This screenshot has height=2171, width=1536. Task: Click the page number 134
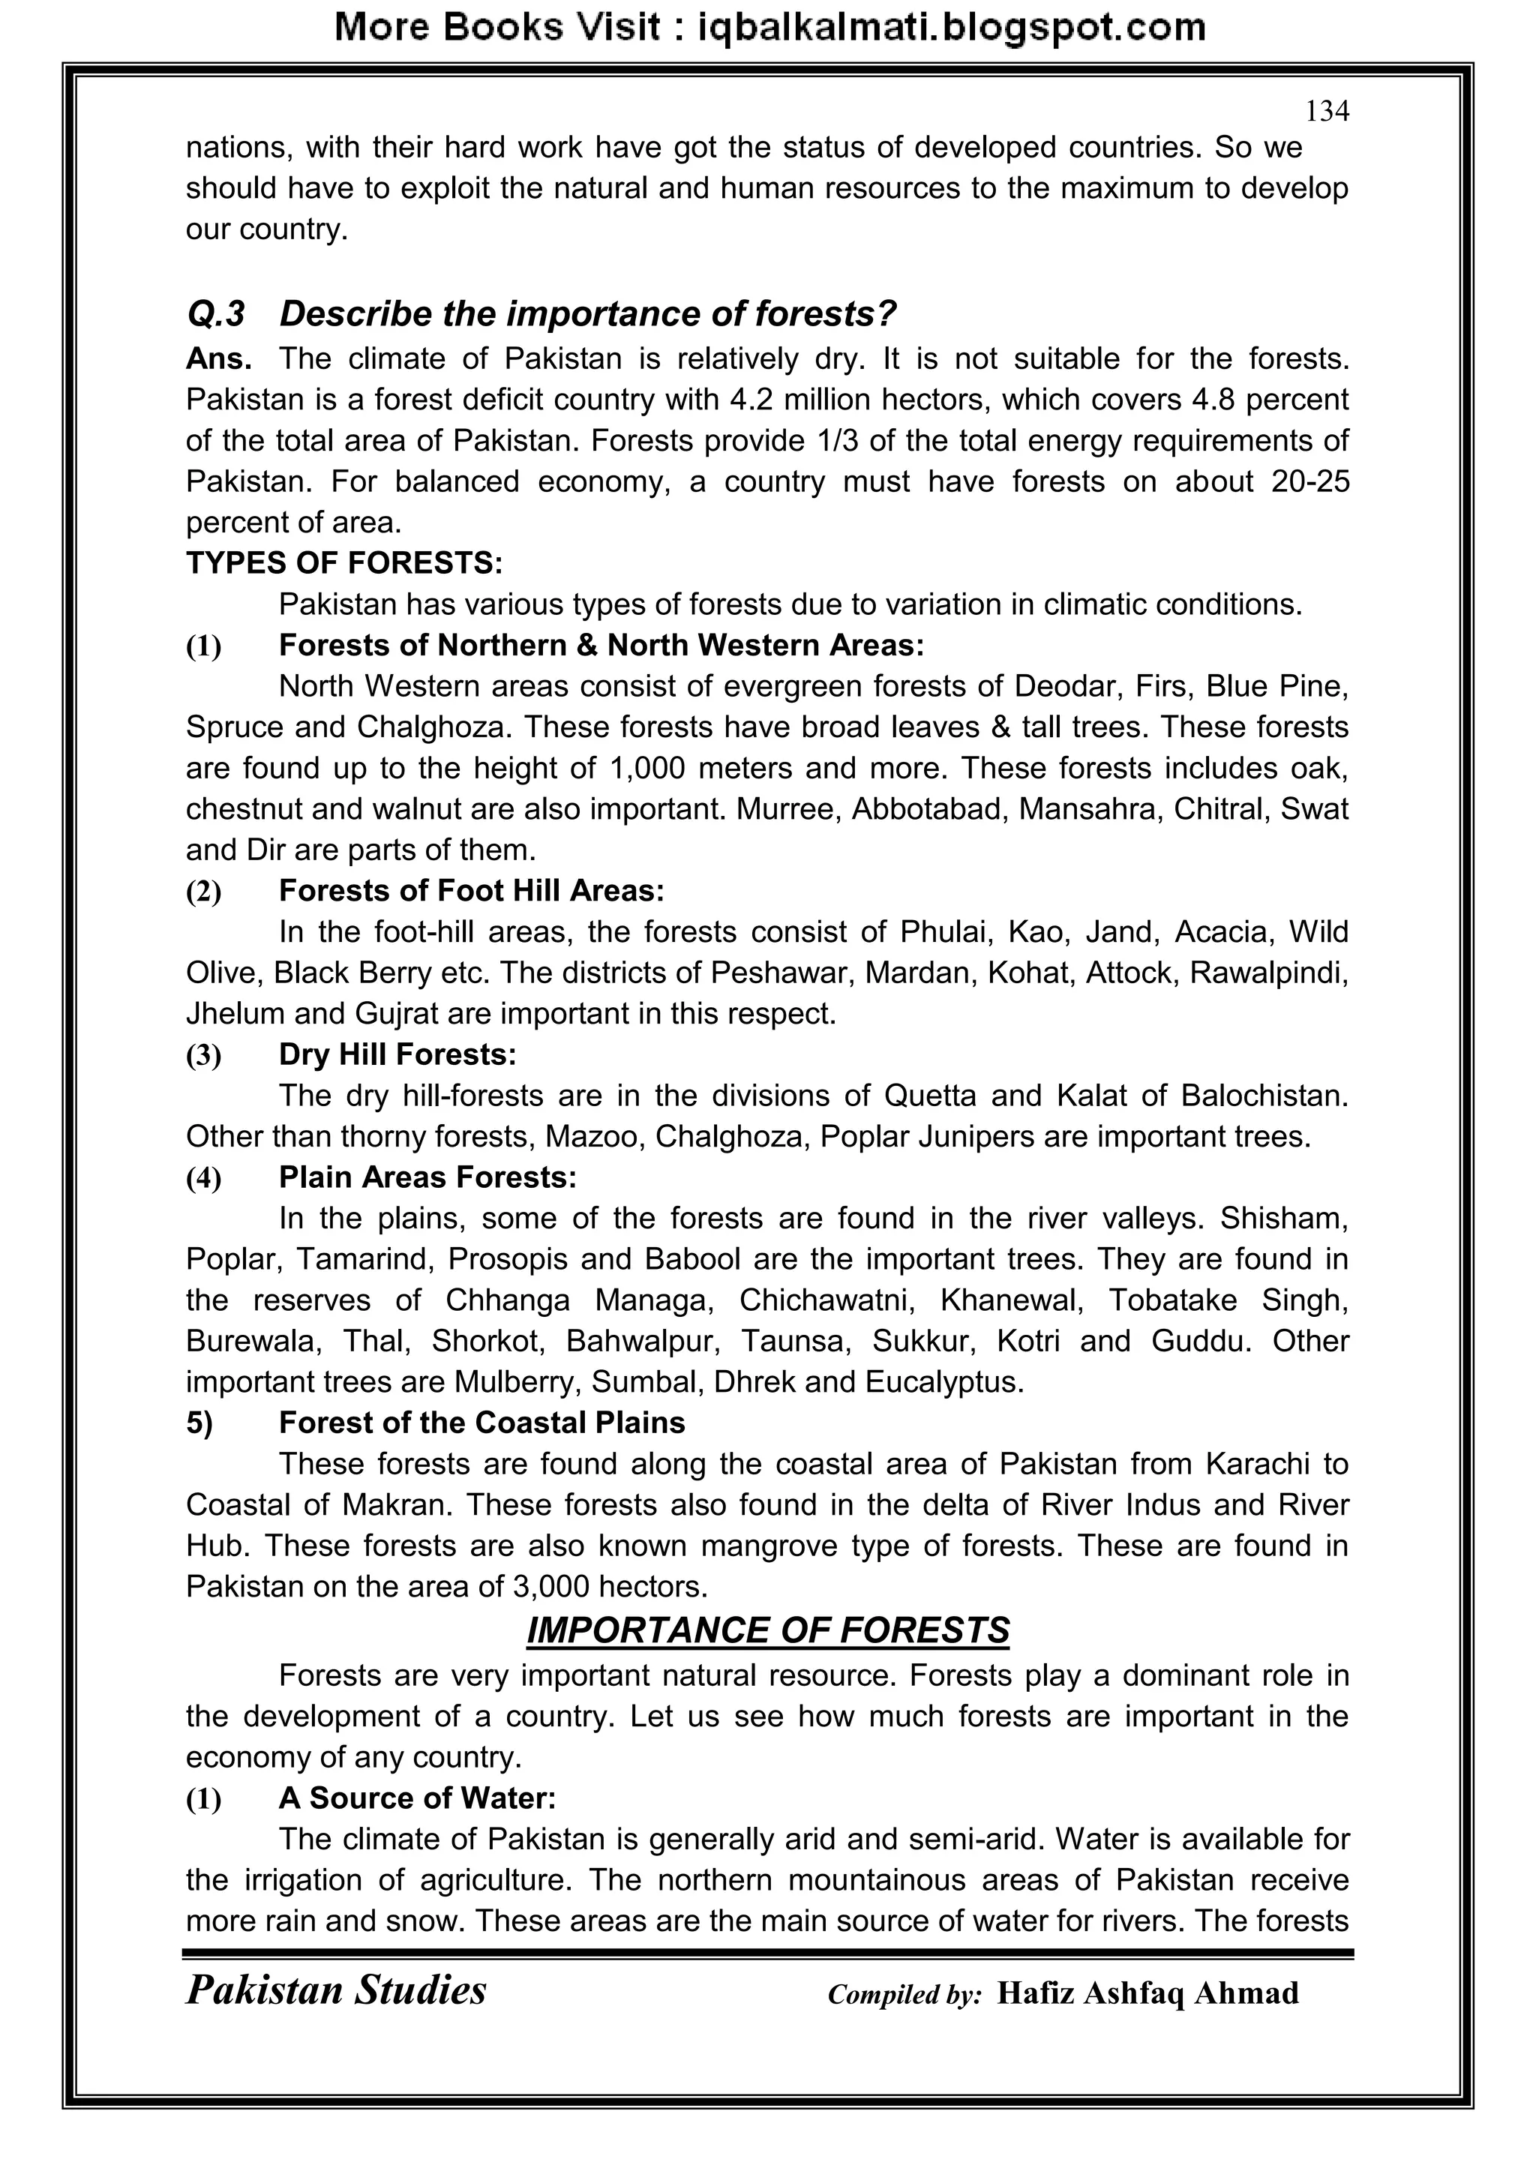(1326, 112)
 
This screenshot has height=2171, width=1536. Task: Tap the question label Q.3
(216, 314)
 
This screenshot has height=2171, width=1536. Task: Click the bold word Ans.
(218, 359)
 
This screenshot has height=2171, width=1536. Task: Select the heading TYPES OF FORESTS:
(344, 563)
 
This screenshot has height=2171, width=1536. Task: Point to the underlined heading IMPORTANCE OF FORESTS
(767, 1631)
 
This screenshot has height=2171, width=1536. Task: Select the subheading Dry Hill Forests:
(397, 1054)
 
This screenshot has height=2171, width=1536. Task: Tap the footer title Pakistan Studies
(336, 1990)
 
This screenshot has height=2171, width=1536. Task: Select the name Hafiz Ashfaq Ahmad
(1147, 1993)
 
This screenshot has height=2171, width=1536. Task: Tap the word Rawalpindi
(1268, 973)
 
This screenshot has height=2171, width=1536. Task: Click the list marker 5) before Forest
(199, 1423)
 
